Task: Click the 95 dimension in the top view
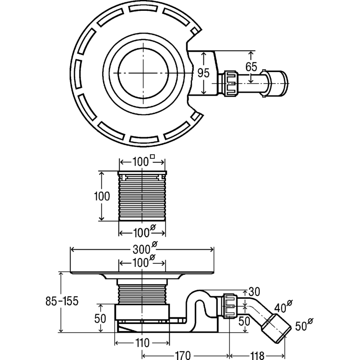(x=204, y=73)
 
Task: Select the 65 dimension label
(x=251, y=67)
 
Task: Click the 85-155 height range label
(x=62, y=301)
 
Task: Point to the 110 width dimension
(x=142, y=343)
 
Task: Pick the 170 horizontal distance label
(x=183, y=355)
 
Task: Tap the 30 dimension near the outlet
(x=254, y=292)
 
